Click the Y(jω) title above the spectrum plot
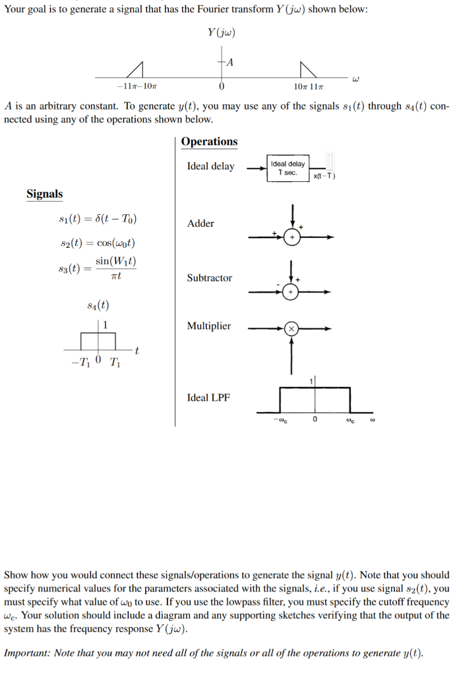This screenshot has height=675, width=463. click(x=222, y=32)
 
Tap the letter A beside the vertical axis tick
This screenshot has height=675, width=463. click(x=230, y=63)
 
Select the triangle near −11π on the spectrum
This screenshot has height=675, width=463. click(x=136, y=70)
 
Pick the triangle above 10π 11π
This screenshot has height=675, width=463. click(x=309, y=70)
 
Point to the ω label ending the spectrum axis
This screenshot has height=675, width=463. click(x=355, y=79)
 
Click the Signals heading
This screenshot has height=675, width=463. click(x=44, y=194)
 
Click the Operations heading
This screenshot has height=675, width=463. click(x=209, y=142)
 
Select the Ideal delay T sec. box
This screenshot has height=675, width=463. click(x=288, y=168)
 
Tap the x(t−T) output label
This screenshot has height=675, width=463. click(x=324, y=175)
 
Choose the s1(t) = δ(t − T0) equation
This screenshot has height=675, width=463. click(x=98, y=219)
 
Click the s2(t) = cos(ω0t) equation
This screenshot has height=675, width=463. click(x=98, y=243)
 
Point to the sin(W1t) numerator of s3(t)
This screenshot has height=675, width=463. click(x=116, y=261)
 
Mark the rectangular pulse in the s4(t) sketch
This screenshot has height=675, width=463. click(x=98, y=341)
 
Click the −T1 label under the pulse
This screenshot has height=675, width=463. click(x=80, y=363)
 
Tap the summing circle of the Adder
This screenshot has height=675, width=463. click(x=292, y=237)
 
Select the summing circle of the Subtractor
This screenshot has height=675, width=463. click(x=291, y=292)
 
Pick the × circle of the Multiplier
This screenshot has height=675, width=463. click(x=291, y=329)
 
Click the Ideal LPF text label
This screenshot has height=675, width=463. click(x=208, y=397)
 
